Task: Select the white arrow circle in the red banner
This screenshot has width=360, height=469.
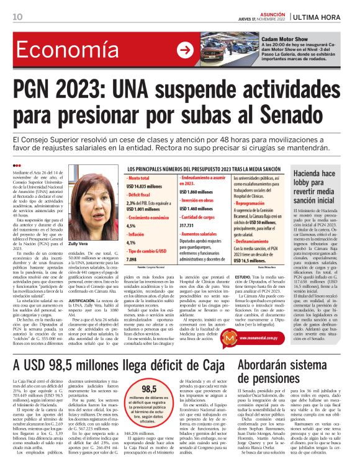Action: click(184, 51)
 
